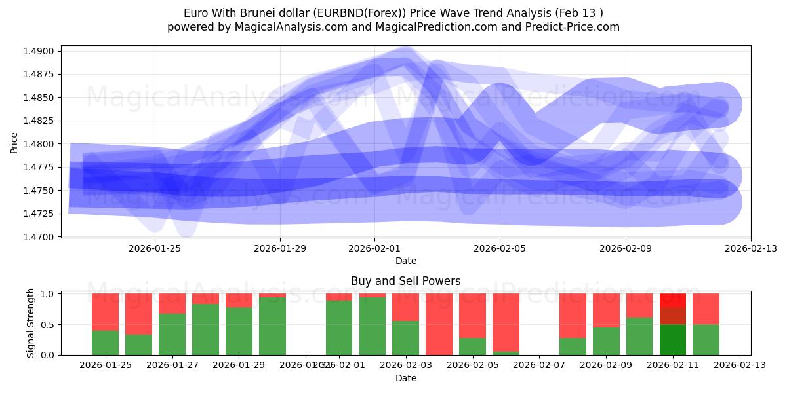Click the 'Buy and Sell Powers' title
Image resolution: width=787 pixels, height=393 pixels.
click(405, 281)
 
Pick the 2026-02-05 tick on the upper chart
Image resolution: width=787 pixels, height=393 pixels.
click(500, 248)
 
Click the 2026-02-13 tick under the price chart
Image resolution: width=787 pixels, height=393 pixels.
click(750, 248)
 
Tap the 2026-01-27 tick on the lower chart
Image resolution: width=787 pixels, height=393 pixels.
click(172, 365)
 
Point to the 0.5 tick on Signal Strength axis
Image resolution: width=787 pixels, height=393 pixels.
click(48, 324)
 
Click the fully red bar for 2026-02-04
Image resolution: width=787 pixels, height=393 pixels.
click(439, 324)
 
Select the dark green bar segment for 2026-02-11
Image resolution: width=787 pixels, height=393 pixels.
click(672, 339)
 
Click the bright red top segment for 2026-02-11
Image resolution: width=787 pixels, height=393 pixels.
click(672, 300)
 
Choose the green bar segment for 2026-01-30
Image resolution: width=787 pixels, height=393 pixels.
click(272, 326)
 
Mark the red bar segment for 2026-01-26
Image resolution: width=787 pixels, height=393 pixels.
click(138, 314)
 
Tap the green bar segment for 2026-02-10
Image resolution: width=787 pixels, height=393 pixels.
click(639, 336)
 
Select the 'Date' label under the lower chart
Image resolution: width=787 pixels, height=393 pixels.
click(405, 378)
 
